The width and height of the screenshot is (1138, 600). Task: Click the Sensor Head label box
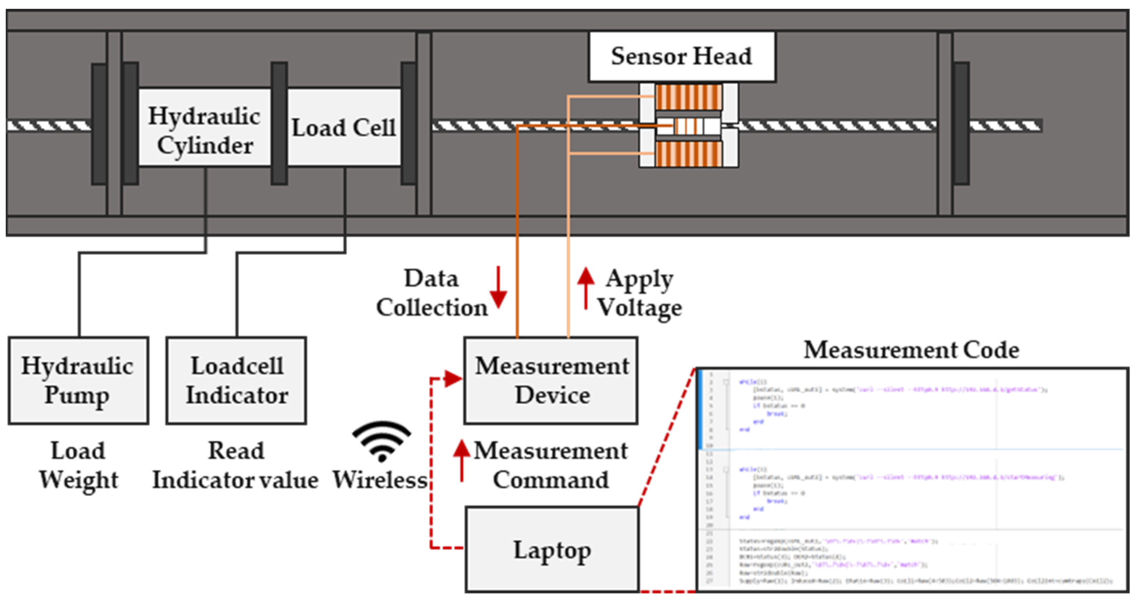point(682,56)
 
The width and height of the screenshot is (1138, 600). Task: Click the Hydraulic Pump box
point(78,380)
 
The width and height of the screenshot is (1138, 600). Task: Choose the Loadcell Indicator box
point(236,380)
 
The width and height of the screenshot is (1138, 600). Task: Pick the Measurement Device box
point(551,380)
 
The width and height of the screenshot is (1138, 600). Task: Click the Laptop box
point(552,550)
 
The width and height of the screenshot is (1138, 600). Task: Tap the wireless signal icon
point(382,442)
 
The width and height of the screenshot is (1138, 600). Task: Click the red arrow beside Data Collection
point(498,287)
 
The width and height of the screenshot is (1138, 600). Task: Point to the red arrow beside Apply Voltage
point(586,287)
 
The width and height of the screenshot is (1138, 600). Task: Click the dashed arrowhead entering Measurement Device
point(453,378)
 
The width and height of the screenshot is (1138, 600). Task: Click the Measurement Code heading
point(911,350)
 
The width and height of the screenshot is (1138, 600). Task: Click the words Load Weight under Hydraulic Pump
point(78,465)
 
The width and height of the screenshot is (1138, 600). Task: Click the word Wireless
point(380,480)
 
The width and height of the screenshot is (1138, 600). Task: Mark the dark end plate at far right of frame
point(961,124)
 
